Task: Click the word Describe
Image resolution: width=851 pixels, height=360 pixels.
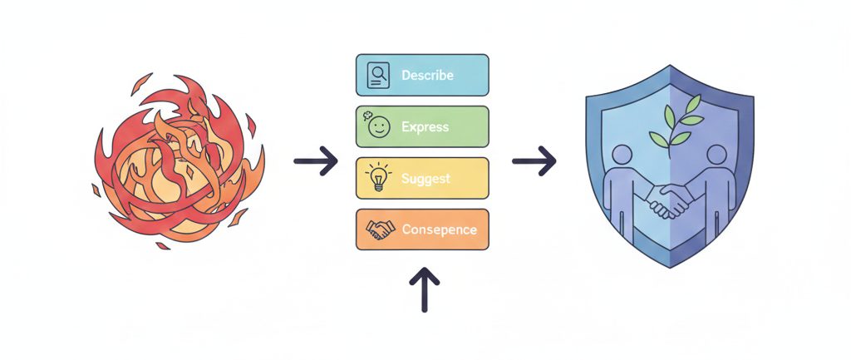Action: pos(427,76)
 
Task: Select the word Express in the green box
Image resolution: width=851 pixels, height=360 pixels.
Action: pos(425,127)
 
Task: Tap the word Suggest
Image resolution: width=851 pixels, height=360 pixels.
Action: pos(425,179)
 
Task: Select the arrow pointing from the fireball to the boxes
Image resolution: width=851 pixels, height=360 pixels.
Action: pos(316,161)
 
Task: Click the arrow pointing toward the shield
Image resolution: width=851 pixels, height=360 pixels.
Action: pos(534,161)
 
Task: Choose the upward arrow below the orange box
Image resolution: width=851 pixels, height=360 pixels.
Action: pos(424,288)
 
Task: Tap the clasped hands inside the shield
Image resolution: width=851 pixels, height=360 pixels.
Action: pos(669,200)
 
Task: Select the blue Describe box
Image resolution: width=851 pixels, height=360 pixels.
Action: pos(422,76)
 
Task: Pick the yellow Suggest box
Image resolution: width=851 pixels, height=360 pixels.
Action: pos(422,179)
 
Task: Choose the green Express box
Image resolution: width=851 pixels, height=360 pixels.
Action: pos(422,127)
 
